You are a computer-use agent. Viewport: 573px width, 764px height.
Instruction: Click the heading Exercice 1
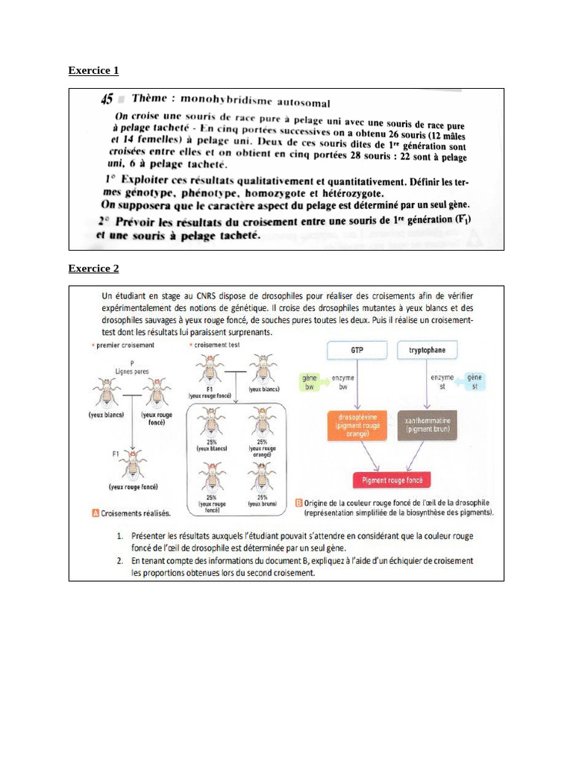click(93, 71)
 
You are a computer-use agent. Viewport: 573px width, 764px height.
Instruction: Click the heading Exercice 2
click(93, 269)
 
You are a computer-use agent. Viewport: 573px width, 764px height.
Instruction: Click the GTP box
click(357, 349)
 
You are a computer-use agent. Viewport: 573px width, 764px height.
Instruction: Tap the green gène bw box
click(309, 383)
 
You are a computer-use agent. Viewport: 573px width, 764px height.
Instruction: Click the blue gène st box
click(474, 383)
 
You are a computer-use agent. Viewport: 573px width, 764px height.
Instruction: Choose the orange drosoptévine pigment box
click(357, 425)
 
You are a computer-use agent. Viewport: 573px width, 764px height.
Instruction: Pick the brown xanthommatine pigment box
click(432, 425)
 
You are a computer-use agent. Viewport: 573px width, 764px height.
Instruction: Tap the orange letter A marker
click(95, 513)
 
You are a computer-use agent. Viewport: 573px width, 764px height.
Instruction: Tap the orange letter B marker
click(298, 502)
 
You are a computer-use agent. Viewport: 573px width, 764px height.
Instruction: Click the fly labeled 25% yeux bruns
click(262, 477)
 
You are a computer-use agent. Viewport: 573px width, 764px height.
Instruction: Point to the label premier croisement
click(125, 345)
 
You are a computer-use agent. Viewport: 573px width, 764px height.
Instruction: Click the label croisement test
click(216, 345)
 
